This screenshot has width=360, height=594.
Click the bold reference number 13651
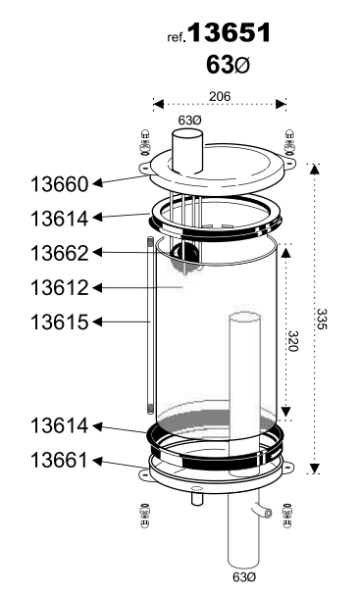tap(230, 32)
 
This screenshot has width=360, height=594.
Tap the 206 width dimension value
tap(220, 96)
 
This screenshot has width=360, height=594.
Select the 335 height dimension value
tap(322, 319)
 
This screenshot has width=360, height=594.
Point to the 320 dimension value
tap(293, 341)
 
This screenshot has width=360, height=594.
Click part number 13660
tap(60, 184)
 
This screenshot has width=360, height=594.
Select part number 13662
tap(60, 253)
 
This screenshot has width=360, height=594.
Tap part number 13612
tap(60, 287)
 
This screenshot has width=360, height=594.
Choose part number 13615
tap(60, 322)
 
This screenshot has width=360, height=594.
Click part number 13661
tap(60, 461)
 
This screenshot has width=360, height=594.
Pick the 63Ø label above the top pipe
tap(190, 121)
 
